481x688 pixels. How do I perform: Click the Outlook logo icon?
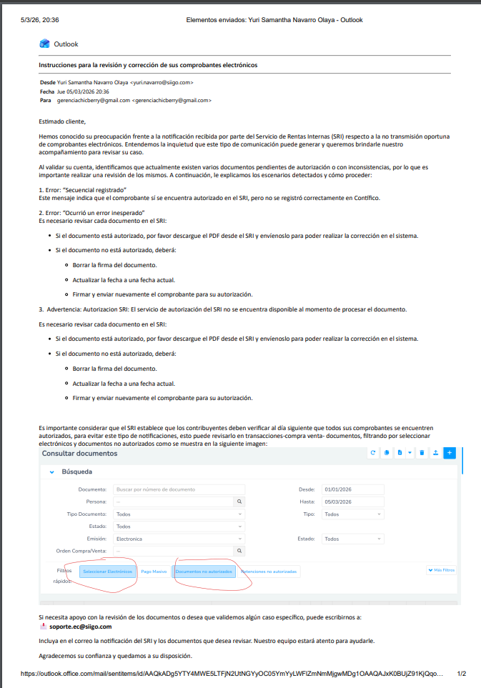[44, 44]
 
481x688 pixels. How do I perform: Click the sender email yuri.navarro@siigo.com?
[162, 82]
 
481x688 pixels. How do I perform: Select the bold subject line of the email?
[148, 65]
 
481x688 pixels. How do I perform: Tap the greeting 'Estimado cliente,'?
[62, 121]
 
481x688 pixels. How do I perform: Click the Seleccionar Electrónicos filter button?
[107, 572]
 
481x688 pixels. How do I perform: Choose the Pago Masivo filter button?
[154, 572]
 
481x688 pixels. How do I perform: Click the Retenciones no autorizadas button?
[269, 572]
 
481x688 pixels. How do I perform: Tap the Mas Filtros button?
[441, 570]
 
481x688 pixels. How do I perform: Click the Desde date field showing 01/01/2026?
[352, 489]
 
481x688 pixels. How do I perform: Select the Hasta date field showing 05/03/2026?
[352, 502]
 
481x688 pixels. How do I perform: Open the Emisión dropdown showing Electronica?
[179, 539]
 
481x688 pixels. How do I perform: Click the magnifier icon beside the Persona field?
[240, 502]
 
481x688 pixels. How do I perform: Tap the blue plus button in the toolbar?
[449, 452]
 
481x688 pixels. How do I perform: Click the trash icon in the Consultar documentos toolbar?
[422, 452]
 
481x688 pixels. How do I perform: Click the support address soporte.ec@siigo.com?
[74, 626]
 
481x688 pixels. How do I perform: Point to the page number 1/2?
[461, 673]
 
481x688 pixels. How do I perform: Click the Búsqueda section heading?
[76, 472]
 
